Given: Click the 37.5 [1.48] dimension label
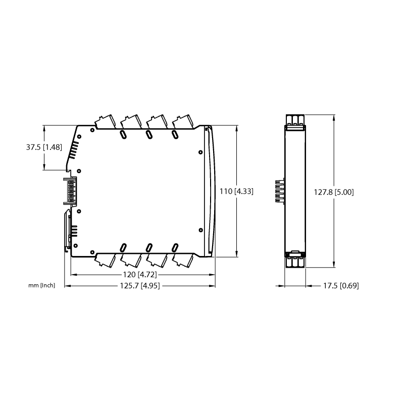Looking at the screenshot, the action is (x=44, y=147).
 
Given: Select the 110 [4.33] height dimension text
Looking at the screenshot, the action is (x=236, y=191).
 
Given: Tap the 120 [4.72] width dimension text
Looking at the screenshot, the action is (x=140, y=275).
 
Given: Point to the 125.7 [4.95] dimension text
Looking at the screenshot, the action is (x=140, y=286).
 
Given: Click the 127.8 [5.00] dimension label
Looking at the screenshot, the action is (x=334, y=192).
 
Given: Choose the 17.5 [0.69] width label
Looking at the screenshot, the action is (x=341, y=286).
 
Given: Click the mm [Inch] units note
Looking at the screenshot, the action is (x=42, y=285).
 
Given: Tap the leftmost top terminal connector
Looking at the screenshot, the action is (x=105, y=122).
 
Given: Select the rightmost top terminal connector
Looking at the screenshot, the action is (x=182, y=122).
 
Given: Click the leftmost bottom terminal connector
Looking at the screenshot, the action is (x=105, y=261).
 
